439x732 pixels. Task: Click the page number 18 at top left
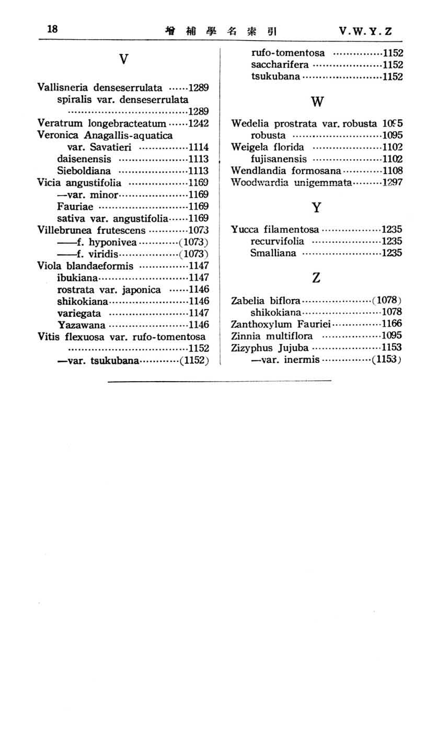point(52,29)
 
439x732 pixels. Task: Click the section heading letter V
point(123,60)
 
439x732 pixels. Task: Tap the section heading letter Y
point(316,208)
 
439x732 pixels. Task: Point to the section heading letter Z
point(316,278)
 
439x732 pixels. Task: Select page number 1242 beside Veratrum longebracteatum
point(199,123)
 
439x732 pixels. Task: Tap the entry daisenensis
point(84,159)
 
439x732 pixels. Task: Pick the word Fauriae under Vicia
point(75,206)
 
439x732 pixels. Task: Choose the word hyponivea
point(113,242)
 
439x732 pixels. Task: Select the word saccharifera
point(280,65)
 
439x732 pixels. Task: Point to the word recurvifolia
point(277,242)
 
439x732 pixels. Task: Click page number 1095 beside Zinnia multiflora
point(391,336)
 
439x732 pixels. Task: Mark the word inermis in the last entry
point(302,360)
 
